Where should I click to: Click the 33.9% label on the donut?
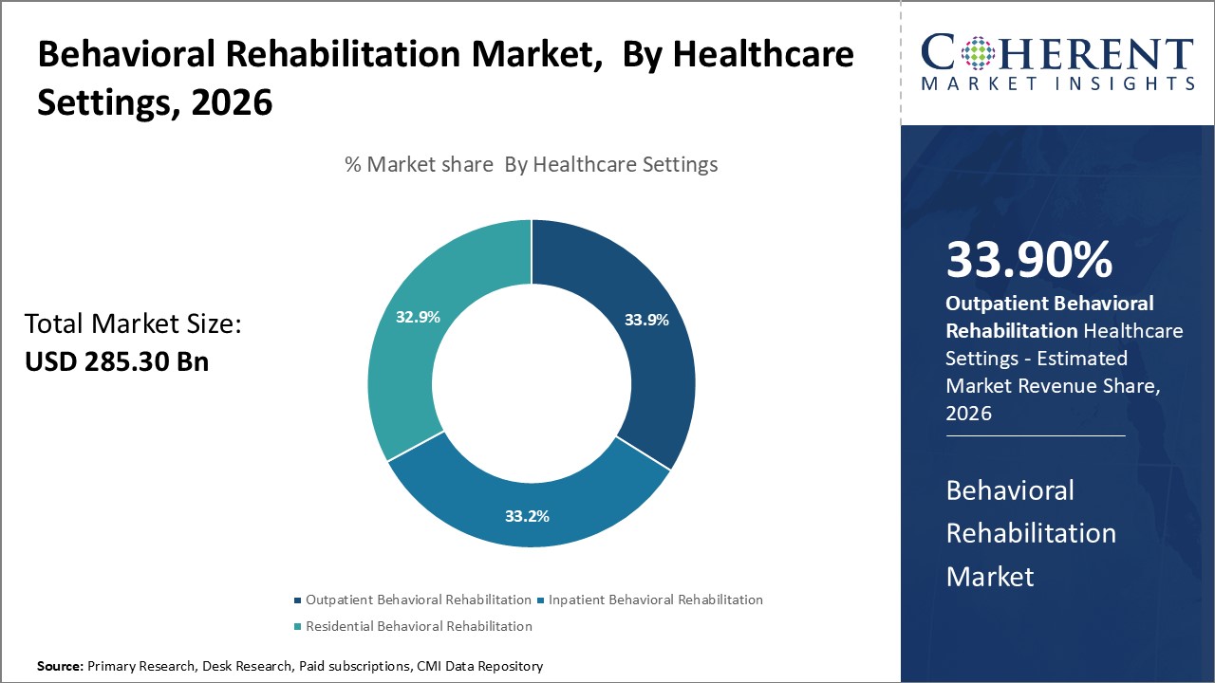pos(646,320)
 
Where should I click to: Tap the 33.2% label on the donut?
pos(527,516)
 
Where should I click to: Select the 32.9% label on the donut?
pos(418,317)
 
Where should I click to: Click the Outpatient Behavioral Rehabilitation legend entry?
pos(418,600)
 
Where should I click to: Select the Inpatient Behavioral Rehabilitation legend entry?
pos(655,600)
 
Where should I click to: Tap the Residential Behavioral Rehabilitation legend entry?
pos(419,626)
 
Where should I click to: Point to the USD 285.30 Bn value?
pos(117,361)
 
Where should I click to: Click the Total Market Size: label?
pos(133,324)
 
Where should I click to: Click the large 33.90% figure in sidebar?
pos(1029,260)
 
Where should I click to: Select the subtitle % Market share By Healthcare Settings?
pos(531,164)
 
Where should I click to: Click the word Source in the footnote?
pos(60,667)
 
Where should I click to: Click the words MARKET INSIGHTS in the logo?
pos(1057,83)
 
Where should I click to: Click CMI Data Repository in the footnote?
pos(480,667)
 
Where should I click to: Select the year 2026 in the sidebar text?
pos(968,414)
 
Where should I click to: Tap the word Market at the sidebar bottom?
pos(989,575)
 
